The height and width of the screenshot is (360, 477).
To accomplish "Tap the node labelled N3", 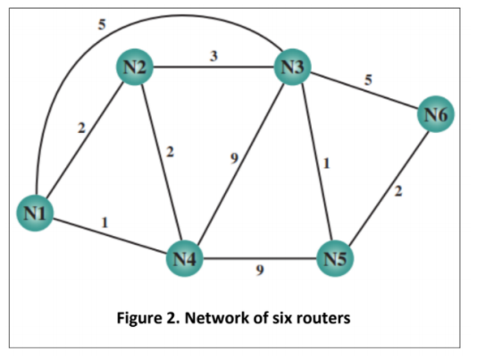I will pos(293,66).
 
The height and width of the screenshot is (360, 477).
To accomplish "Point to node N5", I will pos(337,260).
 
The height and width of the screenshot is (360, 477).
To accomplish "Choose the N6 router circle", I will pos(436,114).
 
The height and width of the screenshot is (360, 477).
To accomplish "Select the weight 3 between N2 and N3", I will pos(213,55).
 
